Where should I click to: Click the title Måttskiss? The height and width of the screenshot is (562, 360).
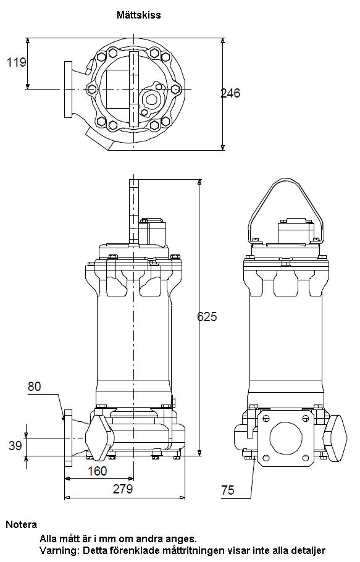138,15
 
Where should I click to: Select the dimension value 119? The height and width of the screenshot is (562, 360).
17,62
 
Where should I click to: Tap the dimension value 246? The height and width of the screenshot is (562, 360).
230,93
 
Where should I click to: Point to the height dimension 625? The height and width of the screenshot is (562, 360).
207,316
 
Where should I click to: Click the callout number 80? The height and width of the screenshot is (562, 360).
35,387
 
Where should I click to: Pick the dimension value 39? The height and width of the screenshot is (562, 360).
15,445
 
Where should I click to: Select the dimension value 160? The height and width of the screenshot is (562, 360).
98,471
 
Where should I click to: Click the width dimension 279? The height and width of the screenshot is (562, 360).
123,489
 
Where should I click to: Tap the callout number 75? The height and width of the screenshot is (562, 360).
227,490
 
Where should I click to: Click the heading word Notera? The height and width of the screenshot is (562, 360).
22,525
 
